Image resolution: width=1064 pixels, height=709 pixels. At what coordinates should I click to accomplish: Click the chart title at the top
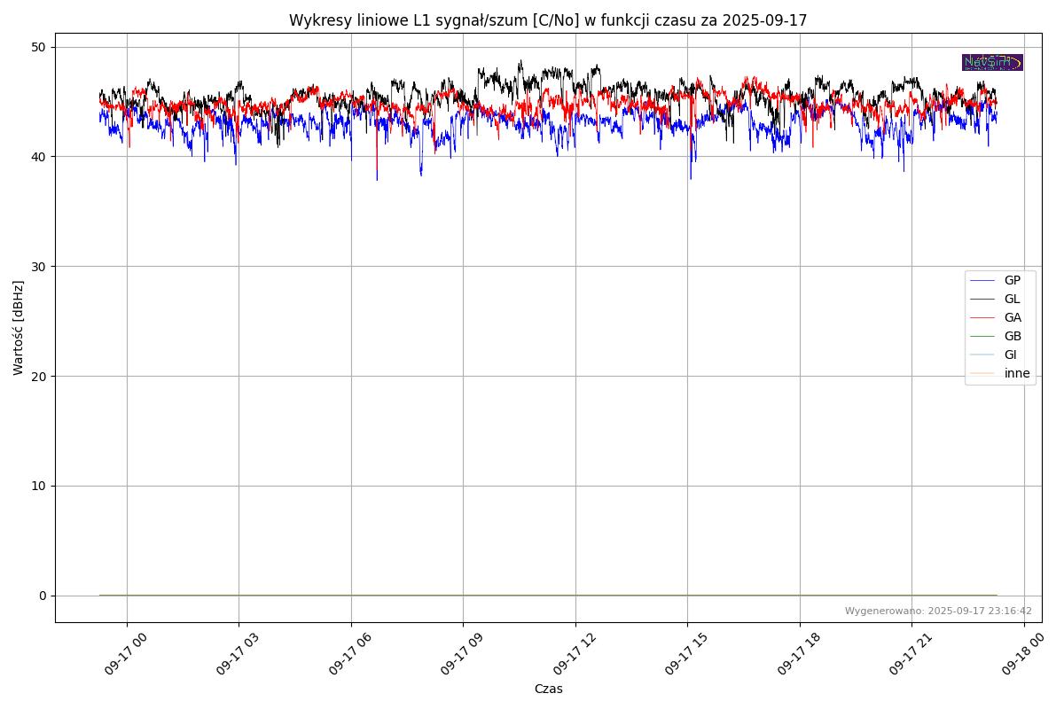pos(548,20)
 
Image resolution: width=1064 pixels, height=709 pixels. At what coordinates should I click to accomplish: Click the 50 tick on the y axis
pos(39,47)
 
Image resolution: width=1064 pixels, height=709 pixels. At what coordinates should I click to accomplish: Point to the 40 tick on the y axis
pos(39,157)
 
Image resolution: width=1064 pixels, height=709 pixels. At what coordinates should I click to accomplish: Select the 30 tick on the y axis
pos(39,267)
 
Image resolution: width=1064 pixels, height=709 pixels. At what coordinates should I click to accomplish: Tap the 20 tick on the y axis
pos(39,376)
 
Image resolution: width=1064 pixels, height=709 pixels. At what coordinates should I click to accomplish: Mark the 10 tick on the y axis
pos(39,486)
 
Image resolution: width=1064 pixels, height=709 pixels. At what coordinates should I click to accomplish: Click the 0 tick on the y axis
pos(42,596)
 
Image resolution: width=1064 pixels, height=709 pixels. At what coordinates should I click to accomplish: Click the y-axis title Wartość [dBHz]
pos(19,327)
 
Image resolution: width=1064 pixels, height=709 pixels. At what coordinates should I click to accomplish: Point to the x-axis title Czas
pos(548,689)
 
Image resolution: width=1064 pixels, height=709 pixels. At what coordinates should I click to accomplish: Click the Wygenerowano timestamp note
pos(938,611)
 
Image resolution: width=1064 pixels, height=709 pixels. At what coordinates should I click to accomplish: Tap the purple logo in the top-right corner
pos(992,62)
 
